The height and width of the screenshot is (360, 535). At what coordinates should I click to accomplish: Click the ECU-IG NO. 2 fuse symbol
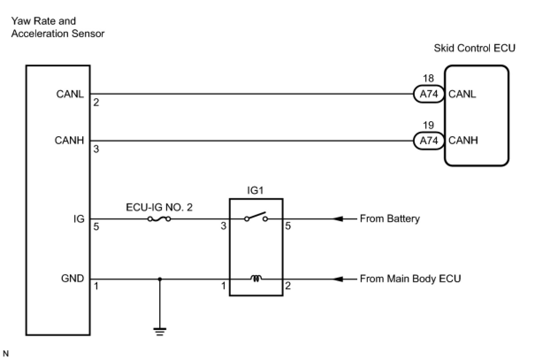coord(159,219)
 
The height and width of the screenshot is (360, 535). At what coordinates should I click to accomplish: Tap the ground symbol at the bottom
coord(160,332)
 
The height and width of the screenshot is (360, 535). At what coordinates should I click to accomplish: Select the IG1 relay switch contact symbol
coord(256,217)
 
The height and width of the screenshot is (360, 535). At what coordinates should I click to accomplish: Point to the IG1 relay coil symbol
coord(256,278)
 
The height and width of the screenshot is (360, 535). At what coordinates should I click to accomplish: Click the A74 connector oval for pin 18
coord(429,94)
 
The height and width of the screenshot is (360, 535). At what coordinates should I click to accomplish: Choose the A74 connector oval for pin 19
coord(429,141)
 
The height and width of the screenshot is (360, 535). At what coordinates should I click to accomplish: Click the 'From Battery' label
coord(390,219)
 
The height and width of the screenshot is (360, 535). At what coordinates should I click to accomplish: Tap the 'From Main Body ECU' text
coord(410,279)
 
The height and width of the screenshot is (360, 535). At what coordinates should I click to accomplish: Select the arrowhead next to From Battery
coord(338,219)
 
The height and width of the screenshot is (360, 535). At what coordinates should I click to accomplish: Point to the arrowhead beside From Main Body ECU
coord(338,279)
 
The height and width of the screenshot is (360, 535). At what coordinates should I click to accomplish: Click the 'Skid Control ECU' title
coord(474,48)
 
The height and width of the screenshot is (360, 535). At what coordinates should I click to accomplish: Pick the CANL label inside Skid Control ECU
coord(462,94)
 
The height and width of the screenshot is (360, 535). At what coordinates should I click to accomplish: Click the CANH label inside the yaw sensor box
coord(69,140)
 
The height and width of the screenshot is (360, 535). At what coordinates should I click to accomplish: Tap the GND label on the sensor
coord(73,279)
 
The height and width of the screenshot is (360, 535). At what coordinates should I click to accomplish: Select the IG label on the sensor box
coord(79,219)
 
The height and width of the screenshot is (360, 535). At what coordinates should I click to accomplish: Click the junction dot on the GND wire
coord(160,279)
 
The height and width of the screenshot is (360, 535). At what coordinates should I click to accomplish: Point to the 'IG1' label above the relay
coord(255,190)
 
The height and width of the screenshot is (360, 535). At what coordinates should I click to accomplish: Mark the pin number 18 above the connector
coord(428,78)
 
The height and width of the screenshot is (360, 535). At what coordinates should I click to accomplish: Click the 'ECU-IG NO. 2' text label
coord(159,207)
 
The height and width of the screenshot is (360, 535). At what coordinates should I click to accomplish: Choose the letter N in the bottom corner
coord(6,353)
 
